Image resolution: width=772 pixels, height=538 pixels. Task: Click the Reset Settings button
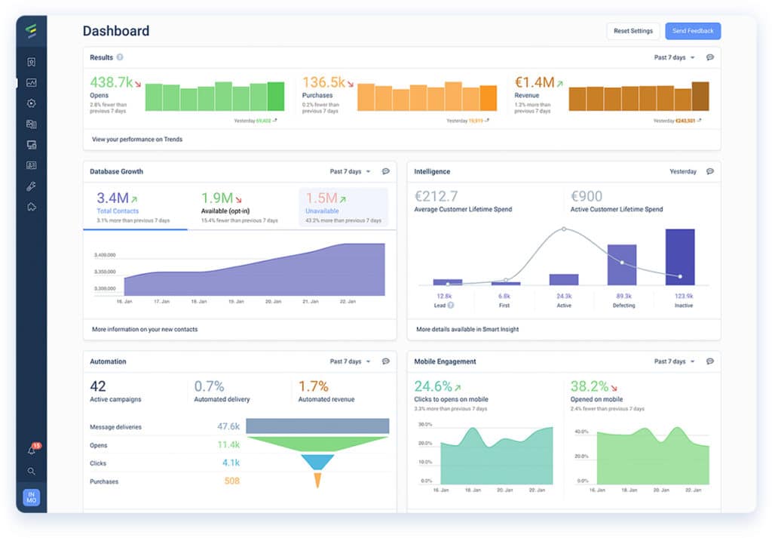(x=633, y=31)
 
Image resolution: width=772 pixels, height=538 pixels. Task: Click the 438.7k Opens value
(x=111, y=82)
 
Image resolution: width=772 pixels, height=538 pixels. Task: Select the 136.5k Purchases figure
(x=323, y=82)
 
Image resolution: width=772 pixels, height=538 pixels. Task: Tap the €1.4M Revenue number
(x=534, y=82)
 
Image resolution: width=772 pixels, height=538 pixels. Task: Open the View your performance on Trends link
(x=137, y=140)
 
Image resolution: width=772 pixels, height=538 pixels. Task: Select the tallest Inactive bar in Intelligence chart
(x=679, y=257)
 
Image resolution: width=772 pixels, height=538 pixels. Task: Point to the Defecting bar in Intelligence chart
(x=622, y=264)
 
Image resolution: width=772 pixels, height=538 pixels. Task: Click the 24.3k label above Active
(x=563, y=296)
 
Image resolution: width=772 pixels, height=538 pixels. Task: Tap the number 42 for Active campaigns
(x=98, y=386)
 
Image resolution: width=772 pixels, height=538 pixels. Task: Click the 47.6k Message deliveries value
(x=228, y=426)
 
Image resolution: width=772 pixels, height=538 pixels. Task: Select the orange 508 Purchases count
(x=231, y=481)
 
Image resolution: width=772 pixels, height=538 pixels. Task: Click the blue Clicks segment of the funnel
(x=317, y=462)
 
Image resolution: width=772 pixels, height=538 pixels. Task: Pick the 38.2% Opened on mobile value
(x=589, y=386)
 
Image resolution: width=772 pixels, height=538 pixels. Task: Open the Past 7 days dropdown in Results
(x=675, y=57)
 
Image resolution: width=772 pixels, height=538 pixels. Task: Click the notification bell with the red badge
(x=32, y=450)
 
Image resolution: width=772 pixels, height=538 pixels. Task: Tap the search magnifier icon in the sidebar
(x=32, y=471)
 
